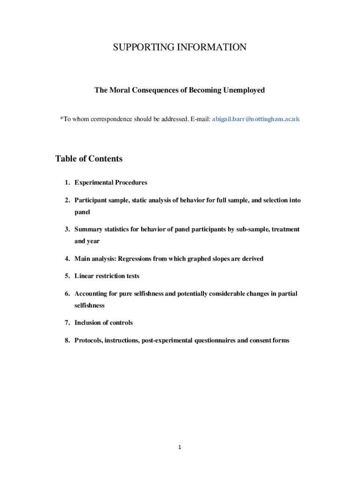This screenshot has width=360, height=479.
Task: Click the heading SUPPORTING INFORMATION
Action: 180,47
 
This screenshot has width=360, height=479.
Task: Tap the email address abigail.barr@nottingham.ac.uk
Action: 256,119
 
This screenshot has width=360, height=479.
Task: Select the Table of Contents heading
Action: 89,159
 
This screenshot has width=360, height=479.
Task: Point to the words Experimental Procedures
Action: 111,182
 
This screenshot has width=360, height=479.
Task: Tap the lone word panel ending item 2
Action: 82,212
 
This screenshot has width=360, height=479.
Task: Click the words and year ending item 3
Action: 87,241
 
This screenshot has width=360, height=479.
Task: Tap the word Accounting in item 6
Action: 91,294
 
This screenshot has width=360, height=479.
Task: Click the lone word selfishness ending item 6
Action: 89,305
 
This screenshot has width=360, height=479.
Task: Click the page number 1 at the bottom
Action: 180,448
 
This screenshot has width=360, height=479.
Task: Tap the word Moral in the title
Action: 119,90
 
